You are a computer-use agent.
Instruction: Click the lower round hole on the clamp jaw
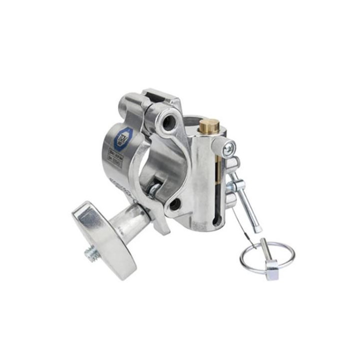174,203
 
